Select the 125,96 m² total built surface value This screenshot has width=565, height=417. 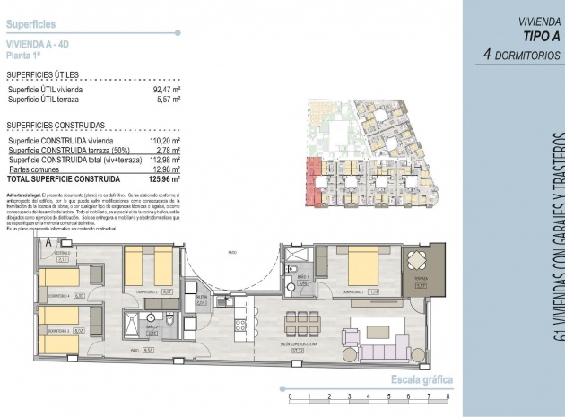[163, 178]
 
